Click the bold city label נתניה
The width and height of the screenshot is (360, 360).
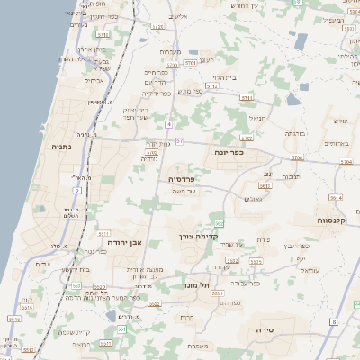pyautogui.click(x=62, y=147)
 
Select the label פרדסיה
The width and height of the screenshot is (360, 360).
pyautogui.click(x=187, y=179)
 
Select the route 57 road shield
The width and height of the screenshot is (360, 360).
pyautogui.click(x=179, y=141)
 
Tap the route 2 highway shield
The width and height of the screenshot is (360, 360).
pyautogui.click(x=76, y=191)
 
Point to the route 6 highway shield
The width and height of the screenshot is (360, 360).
pyautogui.click(x=333, y=321)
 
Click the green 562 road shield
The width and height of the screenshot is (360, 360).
pyautogui.click(x=219, y=223)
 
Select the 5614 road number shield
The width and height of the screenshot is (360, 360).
pyautogui.click(x=336, y=198)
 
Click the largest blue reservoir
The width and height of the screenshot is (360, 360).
pyautogui.click(x=301, y=40)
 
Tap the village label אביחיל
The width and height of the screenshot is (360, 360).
pyautogui.click(x=94, y=80)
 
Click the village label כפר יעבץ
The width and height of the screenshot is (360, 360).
pyautogui.click(x=296, y=245)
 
